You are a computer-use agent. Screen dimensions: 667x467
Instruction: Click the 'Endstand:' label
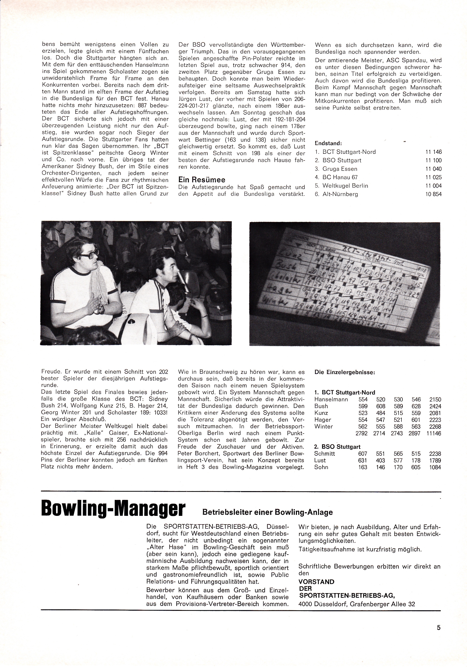[328, 143]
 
